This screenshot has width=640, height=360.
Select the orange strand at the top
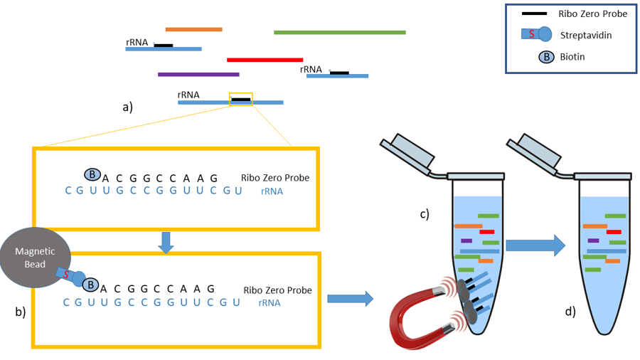193,29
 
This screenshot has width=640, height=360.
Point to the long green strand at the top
339,32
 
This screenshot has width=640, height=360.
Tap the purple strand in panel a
198,74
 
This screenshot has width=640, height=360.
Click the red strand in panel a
265,60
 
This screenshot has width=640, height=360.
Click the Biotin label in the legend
572,56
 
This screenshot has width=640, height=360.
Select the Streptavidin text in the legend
585,35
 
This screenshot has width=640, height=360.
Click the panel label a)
128,107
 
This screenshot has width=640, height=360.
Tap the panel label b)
19,311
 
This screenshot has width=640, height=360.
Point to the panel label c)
424,213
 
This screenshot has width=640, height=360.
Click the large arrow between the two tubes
535,245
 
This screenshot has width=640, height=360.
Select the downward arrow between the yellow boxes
166,242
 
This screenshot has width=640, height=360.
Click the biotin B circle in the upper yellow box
92,174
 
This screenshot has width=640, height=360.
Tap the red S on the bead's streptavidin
65,274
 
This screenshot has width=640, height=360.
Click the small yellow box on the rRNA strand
240,100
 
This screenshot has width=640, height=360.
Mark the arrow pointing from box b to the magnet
350,299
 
